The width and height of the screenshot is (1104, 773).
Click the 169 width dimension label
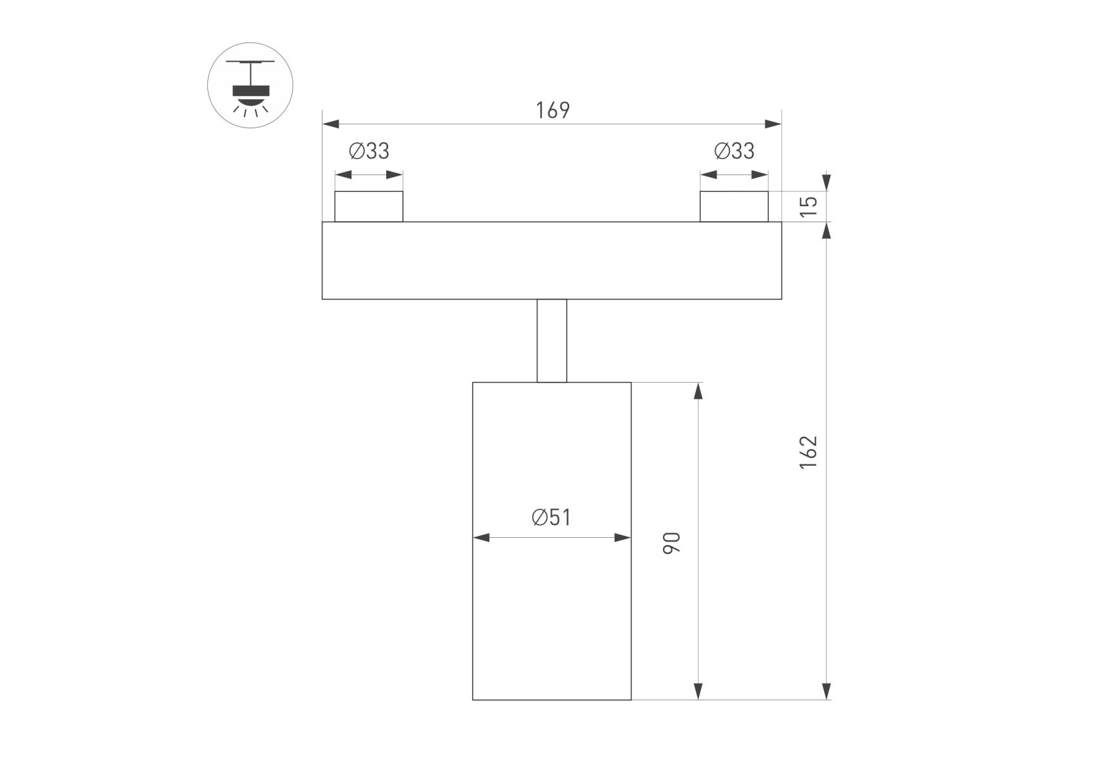click(x=552, y=111)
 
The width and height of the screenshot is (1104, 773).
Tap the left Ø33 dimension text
click(x=369, y=151)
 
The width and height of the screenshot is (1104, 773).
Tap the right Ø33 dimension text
click(x=734, y=151)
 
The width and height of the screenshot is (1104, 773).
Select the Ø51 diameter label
click(x=551, y=517)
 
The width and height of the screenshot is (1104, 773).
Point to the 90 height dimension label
click(x=671, y=543)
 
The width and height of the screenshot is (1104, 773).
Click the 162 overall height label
click(x=809, y=452)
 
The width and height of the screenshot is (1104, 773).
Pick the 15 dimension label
click(x=809, y=205)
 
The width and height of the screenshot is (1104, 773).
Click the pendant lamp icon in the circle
click(x=250, y=85)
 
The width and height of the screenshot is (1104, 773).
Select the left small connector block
click(x=369, y=207)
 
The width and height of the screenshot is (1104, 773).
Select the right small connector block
click(x=734, y=207)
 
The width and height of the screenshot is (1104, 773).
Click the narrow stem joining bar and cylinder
click(x=552, y=341)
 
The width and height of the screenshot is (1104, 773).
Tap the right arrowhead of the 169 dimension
click(x=773, y=124)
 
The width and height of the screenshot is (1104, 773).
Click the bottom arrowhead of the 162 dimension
click(x=827, y=691)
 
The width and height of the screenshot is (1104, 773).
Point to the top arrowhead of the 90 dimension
click(x=698, y=391)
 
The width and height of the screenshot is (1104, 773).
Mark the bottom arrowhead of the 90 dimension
click(x=698, y=691)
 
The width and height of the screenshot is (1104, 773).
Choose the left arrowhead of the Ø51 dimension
click(x=481, y=537)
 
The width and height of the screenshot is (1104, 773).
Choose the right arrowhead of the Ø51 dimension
click(x=622, y=537)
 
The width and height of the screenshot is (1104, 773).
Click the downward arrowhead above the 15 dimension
click(x=827, y=183)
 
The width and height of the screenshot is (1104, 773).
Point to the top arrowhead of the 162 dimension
click(x=827, y=231)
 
